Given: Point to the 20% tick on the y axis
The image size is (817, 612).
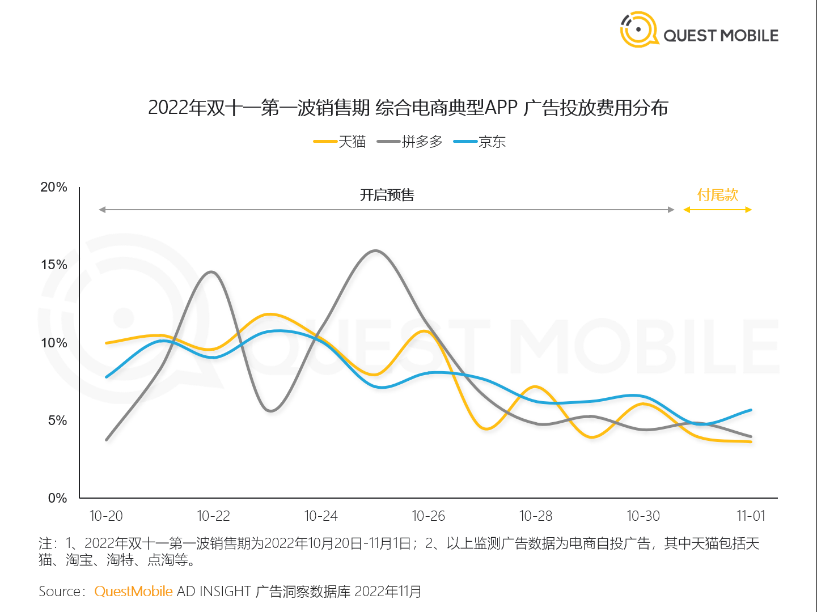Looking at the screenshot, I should (54, 187).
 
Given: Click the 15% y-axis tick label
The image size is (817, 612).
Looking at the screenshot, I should (54, 265).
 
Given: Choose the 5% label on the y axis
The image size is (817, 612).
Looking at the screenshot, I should (57, 420).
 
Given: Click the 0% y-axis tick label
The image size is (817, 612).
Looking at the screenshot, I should (57, 498).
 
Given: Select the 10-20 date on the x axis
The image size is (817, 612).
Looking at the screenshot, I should (106, 516).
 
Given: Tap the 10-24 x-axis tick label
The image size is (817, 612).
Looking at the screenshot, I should (321, 516).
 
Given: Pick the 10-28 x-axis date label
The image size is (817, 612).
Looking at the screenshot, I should (536, 516).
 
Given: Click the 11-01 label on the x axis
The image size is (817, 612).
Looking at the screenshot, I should (751, 516).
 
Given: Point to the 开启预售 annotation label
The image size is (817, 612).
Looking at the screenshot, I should (387, 195).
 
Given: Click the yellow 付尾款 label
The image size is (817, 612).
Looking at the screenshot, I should (718, 195).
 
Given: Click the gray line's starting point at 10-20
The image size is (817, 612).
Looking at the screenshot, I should (107, 439).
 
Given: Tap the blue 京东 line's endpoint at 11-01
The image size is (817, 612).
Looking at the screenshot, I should (751, 410).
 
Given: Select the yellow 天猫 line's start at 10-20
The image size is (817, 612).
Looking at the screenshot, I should (107, 343).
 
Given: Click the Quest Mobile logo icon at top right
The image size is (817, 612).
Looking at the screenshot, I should (639, 29).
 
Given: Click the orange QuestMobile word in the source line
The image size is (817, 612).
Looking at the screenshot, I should (133, 592).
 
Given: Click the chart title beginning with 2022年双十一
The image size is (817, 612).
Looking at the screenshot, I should (408, 108).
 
